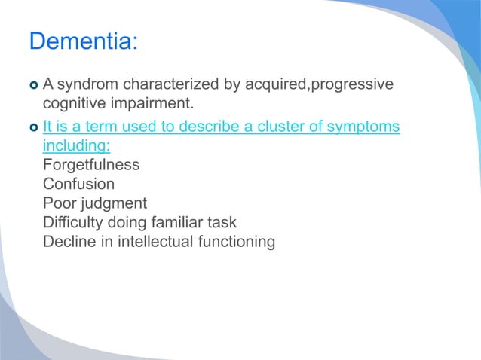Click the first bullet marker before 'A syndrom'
click(34, 84)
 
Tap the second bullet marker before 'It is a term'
click(34, 126)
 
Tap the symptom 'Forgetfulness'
click(91, 164)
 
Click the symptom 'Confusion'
click(79, 184)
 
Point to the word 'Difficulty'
click(76, 223)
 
